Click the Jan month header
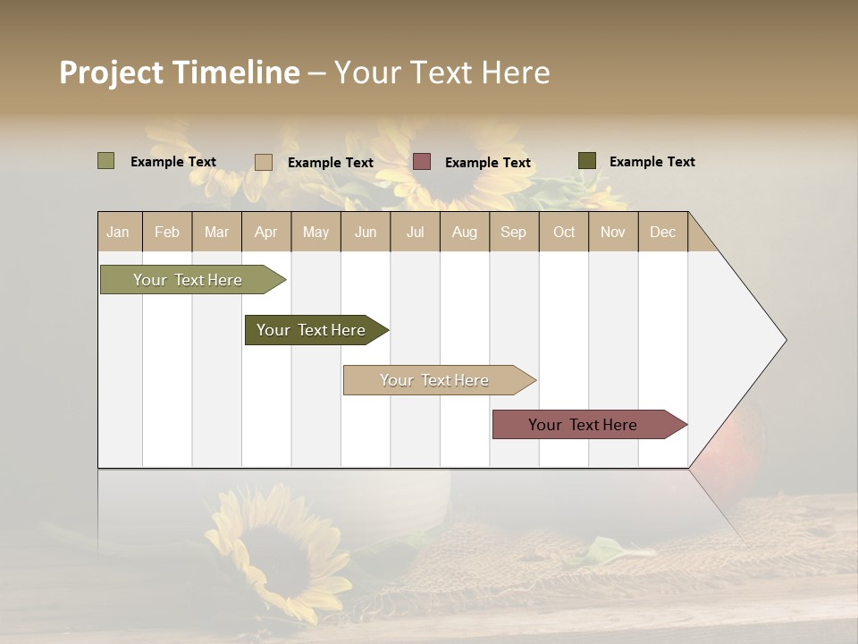(119, 232)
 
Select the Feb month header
(167, 232)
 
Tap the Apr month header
(265, 232)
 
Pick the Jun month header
(366, 232)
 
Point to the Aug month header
(464, 232)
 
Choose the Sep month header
(513, 232)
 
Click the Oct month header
(564, 232)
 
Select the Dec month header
(662, 232)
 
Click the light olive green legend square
(105, 161)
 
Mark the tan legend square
(263, 162)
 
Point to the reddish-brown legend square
(422, 162)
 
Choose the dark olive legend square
(586, 161)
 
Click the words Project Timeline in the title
(179, 72)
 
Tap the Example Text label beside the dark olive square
(652, 162)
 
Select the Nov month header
(612, 232)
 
